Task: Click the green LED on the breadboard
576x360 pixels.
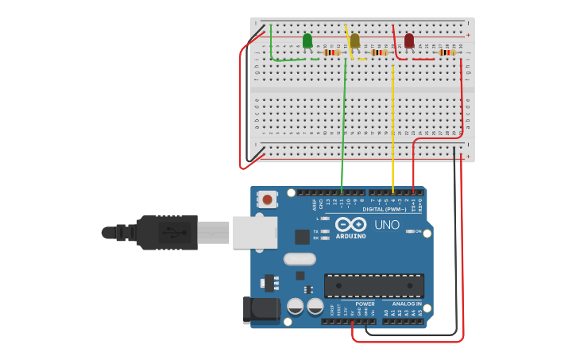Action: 307,41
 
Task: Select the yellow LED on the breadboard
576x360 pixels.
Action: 354,41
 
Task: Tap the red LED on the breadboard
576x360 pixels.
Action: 409,41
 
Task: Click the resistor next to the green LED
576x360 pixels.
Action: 332,52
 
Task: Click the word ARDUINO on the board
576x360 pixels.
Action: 350,236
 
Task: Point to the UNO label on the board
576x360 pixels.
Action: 387,225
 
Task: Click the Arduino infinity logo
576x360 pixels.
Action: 350,224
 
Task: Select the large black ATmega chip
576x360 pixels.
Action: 373,286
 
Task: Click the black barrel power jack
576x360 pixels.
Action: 261,310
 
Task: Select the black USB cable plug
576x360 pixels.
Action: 167,232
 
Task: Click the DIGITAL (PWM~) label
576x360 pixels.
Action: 385,209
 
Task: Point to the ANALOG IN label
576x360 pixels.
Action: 407,304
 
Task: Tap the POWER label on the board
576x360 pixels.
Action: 365,304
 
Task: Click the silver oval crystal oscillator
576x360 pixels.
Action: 300,258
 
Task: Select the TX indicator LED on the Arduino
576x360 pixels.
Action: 325,231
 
